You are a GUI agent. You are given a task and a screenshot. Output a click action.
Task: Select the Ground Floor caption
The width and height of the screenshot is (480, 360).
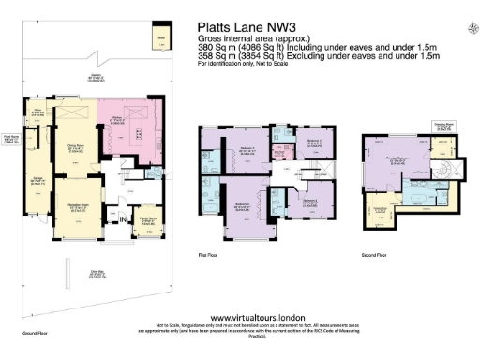pos(35,332)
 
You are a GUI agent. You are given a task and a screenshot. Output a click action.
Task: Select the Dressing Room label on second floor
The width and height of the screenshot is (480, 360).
pos(442,125)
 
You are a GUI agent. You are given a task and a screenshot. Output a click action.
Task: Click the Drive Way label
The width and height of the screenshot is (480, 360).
pos(96,275)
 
